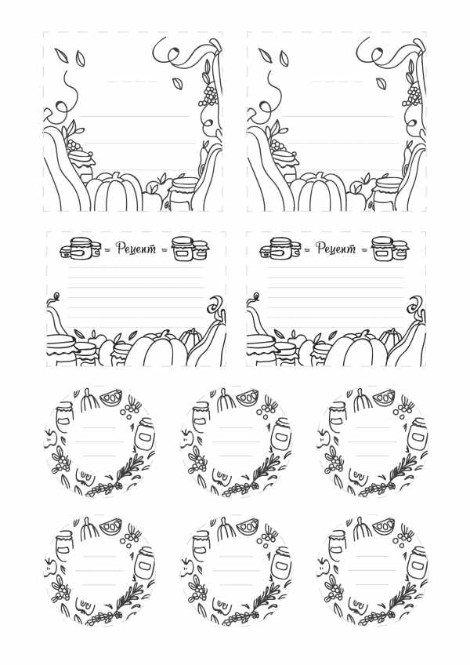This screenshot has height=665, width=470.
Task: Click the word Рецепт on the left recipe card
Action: click(136, 249)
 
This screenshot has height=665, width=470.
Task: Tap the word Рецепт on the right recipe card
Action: click(336, 249)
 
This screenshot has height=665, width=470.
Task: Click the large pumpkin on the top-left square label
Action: click(116, 191)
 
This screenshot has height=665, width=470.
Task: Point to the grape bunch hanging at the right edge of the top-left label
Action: click(209, 96)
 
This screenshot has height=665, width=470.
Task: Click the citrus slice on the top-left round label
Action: click(110, 398)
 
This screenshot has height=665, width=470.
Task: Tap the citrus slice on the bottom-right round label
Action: click(384, 527)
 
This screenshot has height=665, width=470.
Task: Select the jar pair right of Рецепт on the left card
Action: click(190, 249)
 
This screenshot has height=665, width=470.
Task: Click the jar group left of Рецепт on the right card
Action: click(280, 249)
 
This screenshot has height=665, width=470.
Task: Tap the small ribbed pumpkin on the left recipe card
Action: click(190, 338)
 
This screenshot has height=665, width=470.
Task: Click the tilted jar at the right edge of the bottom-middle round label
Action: click(280, 563)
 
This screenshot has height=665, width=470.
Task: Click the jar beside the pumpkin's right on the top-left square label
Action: click(183, 194)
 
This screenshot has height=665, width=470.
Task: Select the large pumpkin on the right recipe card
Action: click(358, 350)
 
